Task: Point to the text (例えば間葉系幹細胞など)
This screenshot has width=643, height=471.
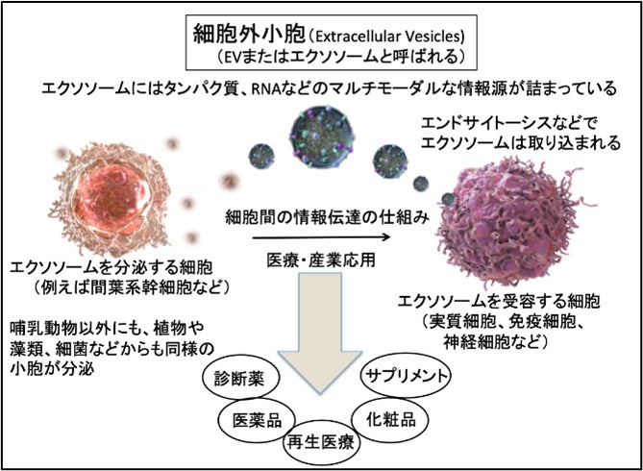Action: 125,285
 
